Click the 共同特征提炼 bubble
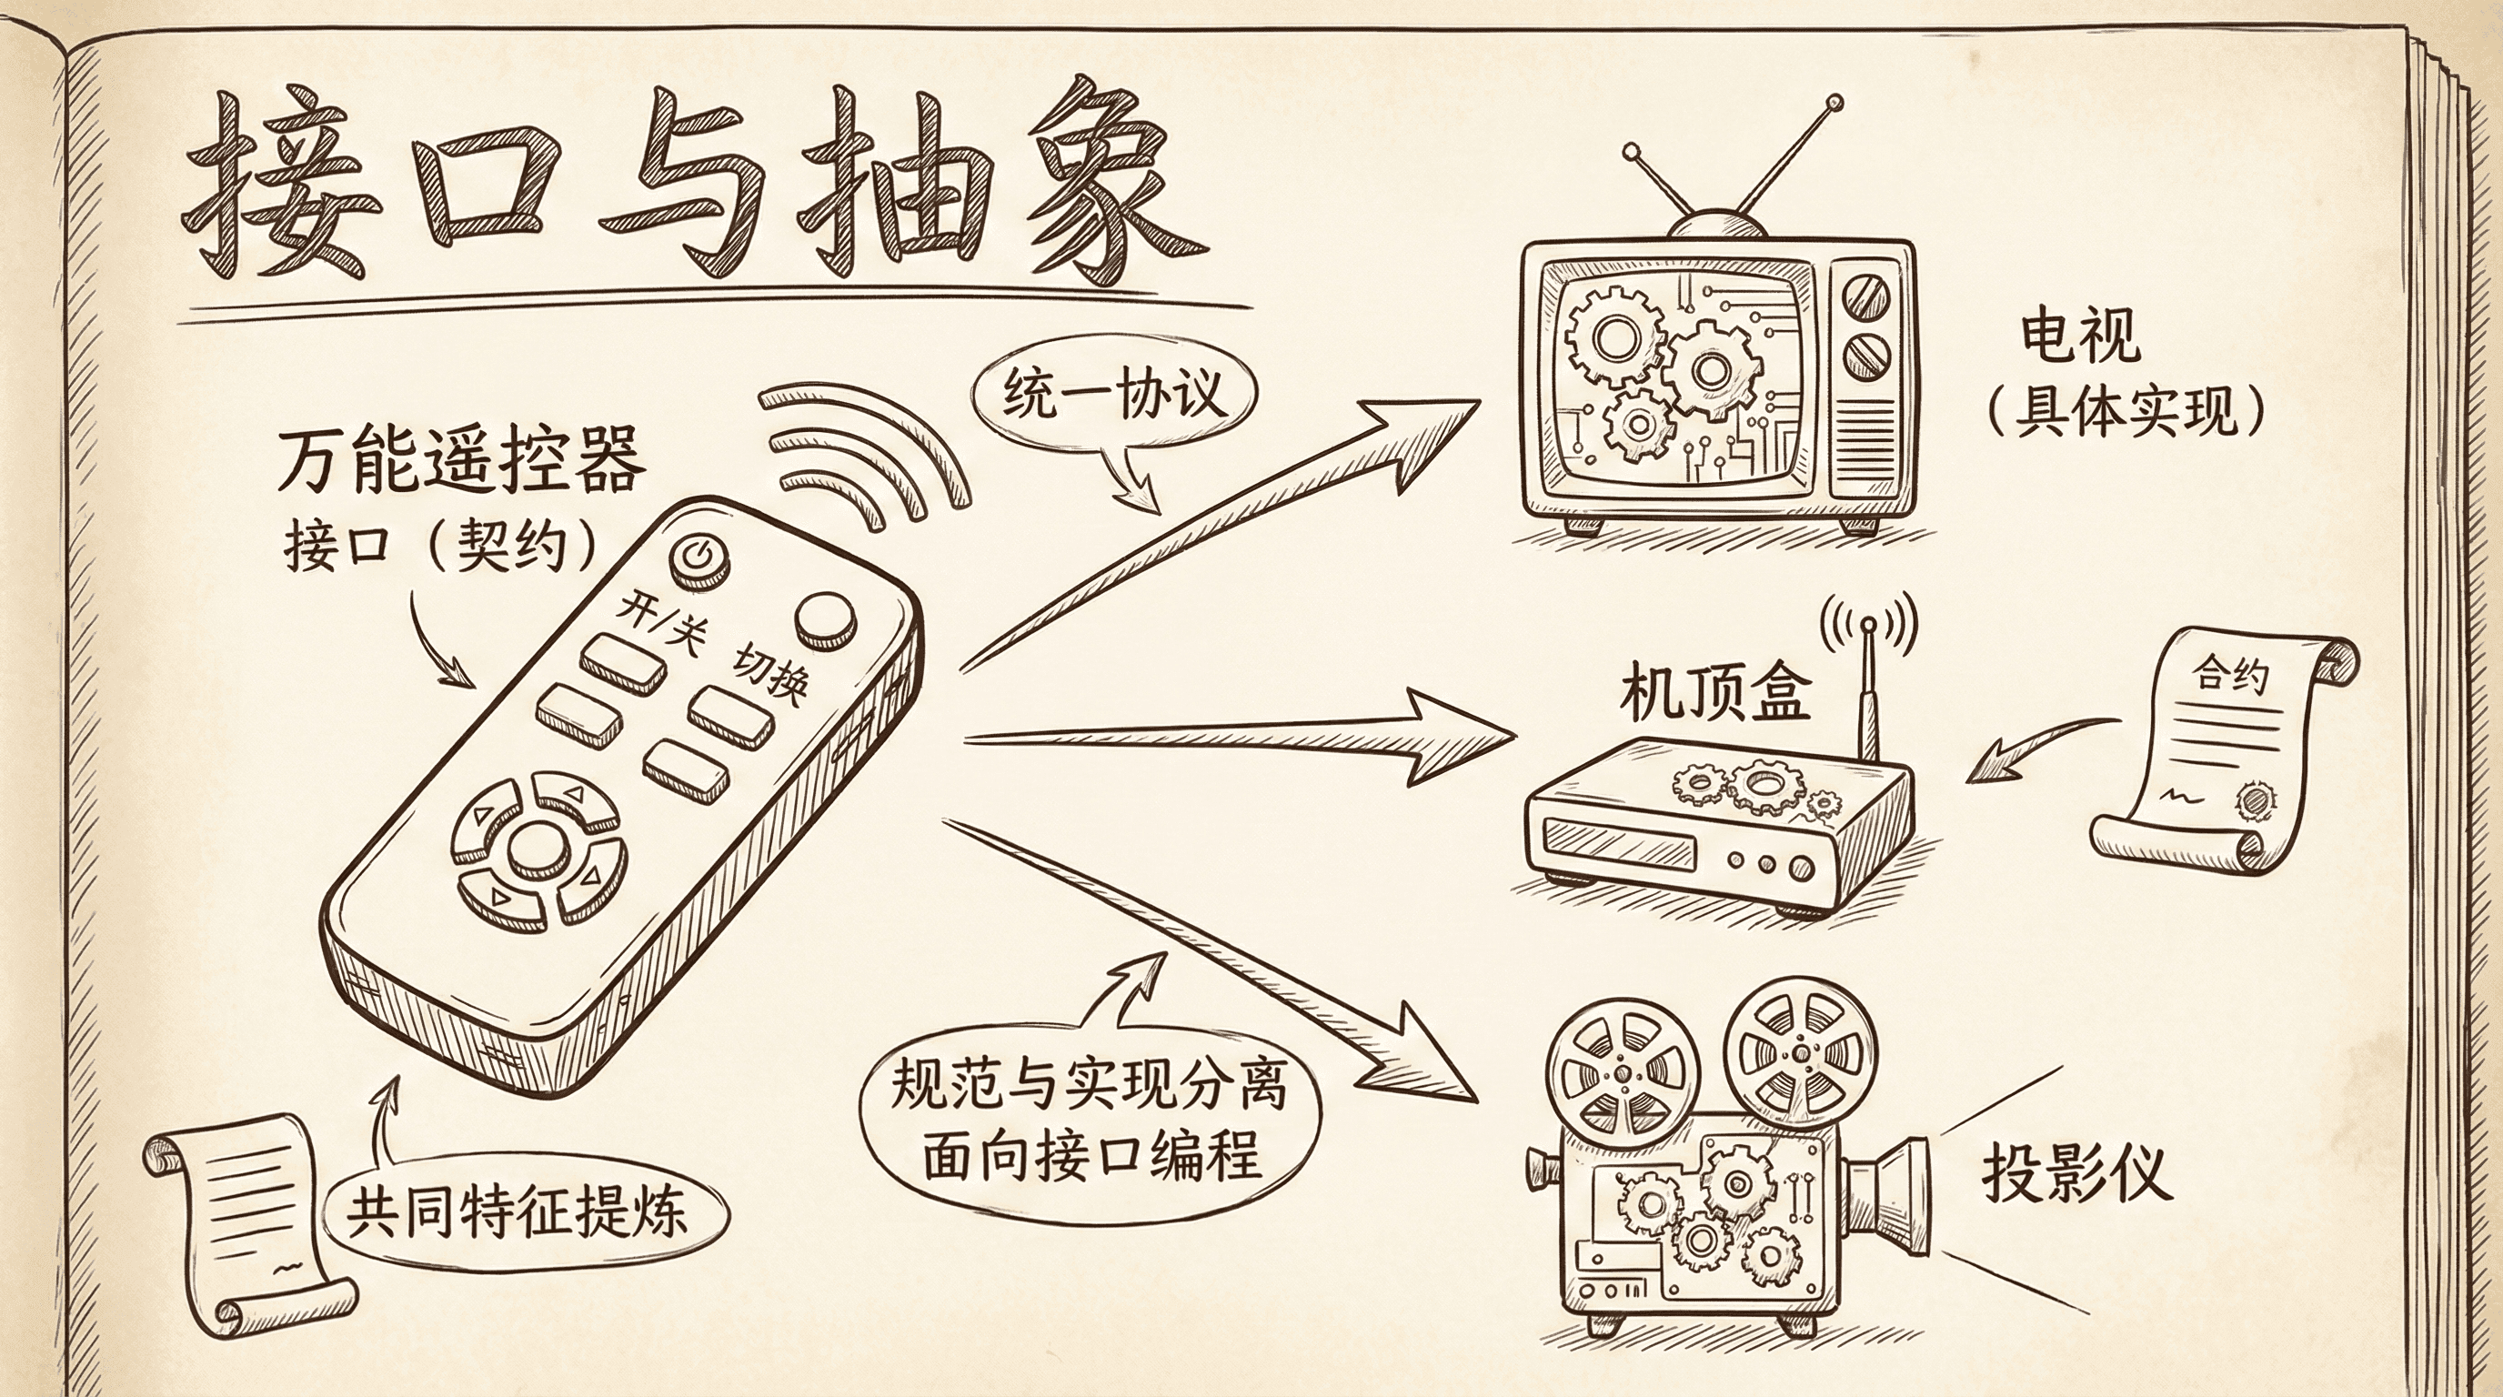(x=518, y=1211)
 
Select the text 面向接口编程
(x=1091, y=1157)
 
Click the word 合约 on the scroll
(x=2231, y=673)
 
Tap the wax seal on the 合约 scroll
(x=2255, y=800)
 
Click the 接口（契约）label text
(x=439, y=546)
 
